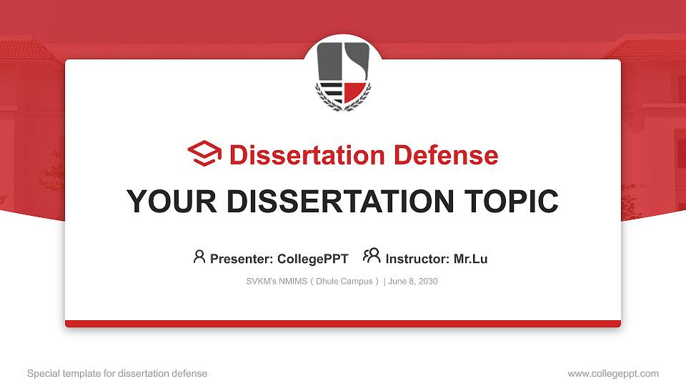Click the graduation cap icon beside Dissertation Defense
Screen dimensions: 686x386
pyautogui.click(x=204, y=154)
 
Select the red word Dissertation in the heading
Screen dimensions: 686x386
pyautogui.click(x=307, y=155)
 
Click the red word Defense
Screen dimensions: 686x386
pyautogui.click(x=446, y=155)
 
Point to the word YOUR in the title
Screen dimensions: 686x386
pyautogui.click(x=171, y=202)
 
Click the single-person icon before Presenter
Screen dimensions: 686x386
pyautogui.click(x=199, y=257)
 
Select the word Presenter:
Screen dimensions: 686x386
pyautogui.click(x=242, y=259)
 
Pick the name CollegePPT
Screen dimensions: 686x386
pyautogui.click(x=313, y=259)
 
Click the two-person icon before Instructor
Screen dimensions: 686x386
pyautogui.click(x=372, y=256)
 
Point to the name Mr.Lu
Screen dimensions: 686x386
pyautogui.click(x=471, y=259)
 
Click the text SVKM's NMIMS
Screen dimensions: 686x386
pyautogui.click(x=277, y=282)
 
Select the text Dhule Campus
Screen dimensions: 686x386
pyautogui.click(x=344, y=282)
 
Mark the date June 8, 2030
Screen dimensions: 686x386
pyautogui.click(x=413, y=282)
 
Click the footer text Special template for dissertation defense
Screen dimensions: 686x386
pyautogui.click(x=117, y=373)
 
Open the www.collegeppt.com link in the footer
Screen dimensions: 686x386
pyautogui.click(x=613, y=373)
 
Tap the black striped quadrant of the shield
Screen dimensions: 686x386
pyautogui.click(x=332, y=91)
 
